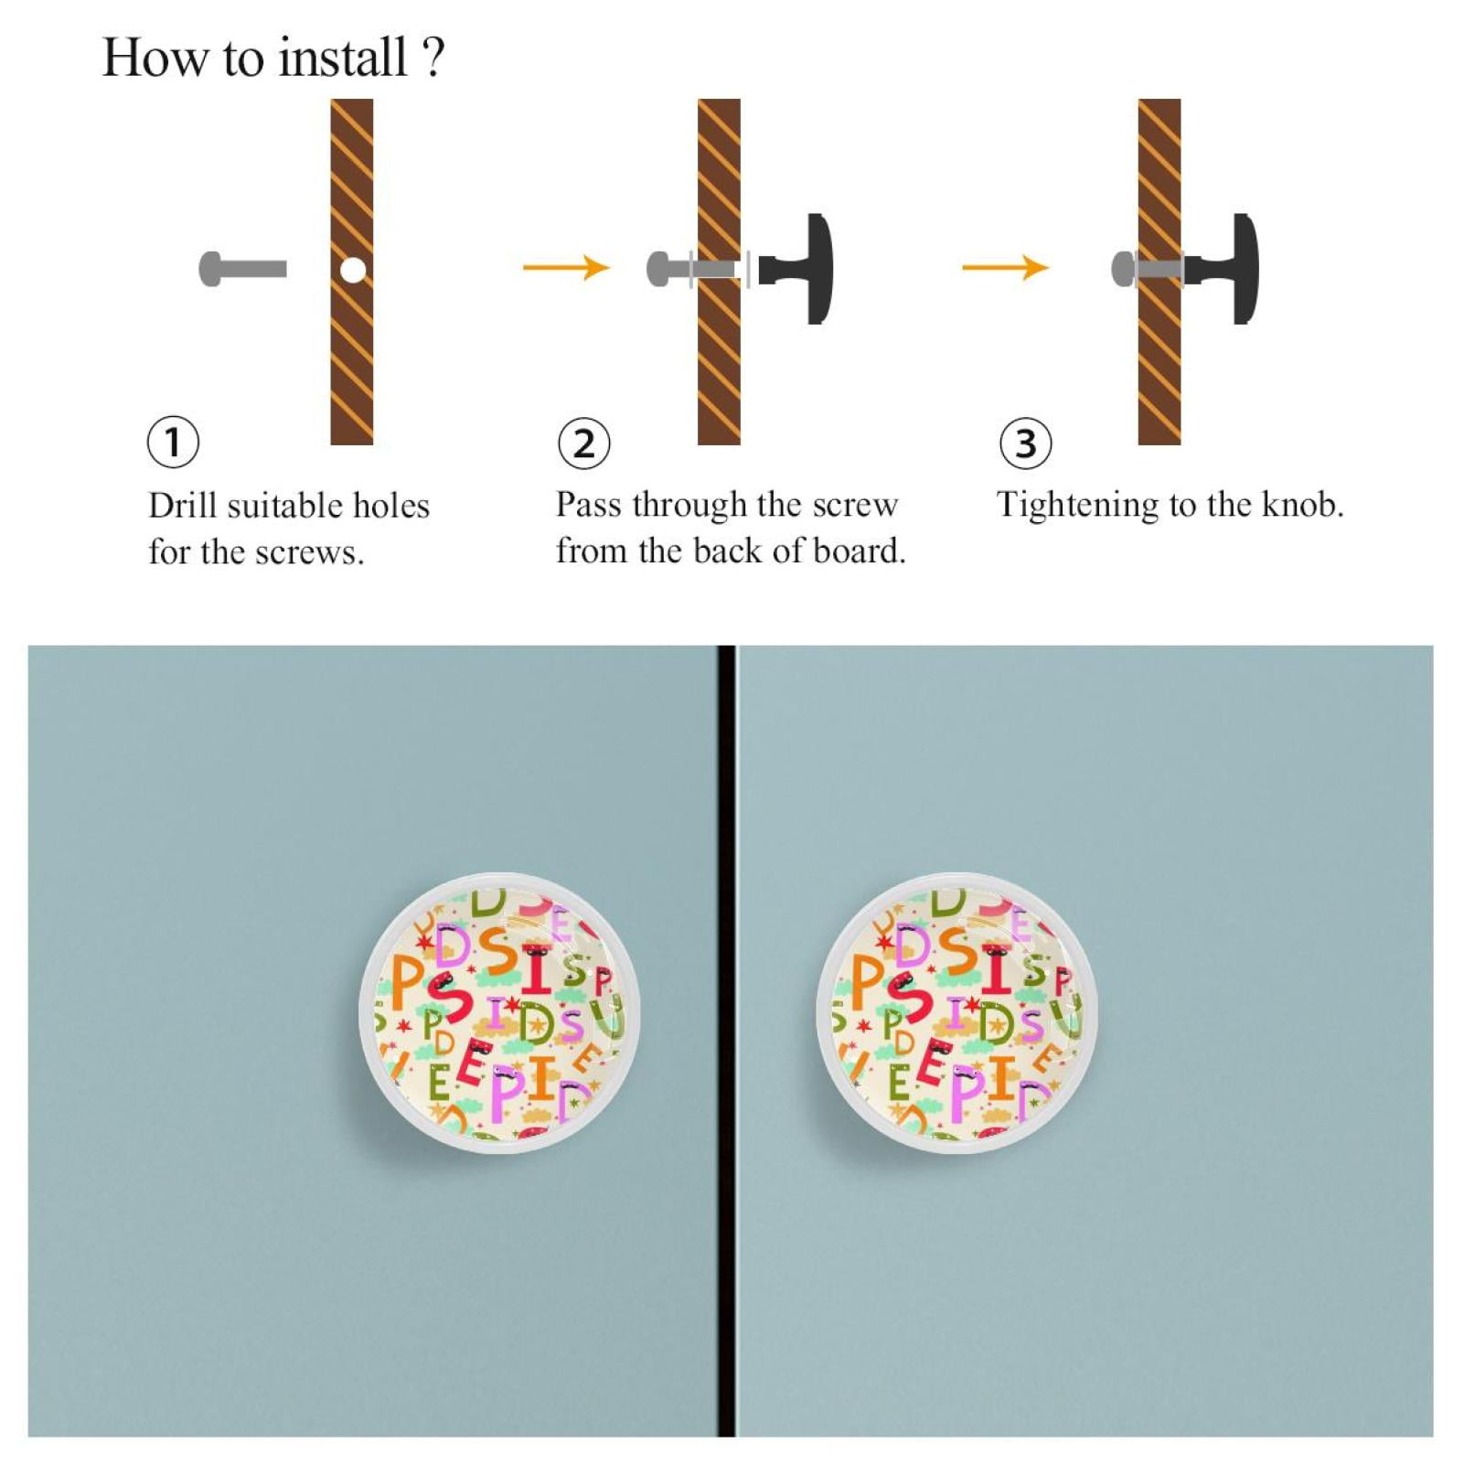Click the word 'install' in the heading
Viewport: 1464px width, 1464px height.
343,58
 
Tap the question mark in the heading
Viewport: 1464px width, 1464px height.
433,57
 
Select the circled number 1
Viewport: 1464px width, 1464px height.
173,443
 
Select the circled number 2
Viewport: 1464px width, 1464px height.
583,443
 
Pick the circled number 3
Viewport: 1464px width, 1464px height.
1025,443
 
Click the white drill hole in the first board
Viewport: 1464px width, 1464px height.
353,270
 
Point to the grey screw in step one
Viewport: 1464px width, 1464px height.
242,269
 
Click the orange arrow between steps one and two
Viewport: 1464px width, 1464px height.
566,267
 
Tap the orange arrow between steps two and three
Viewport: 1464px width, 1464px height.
1005,267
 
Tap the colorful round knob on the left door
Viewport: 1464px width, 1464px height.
499,1012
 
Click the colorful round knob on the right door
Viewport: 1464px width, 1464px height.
956,1012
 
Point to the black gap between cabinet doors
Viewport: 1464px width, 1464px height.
726,1041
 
